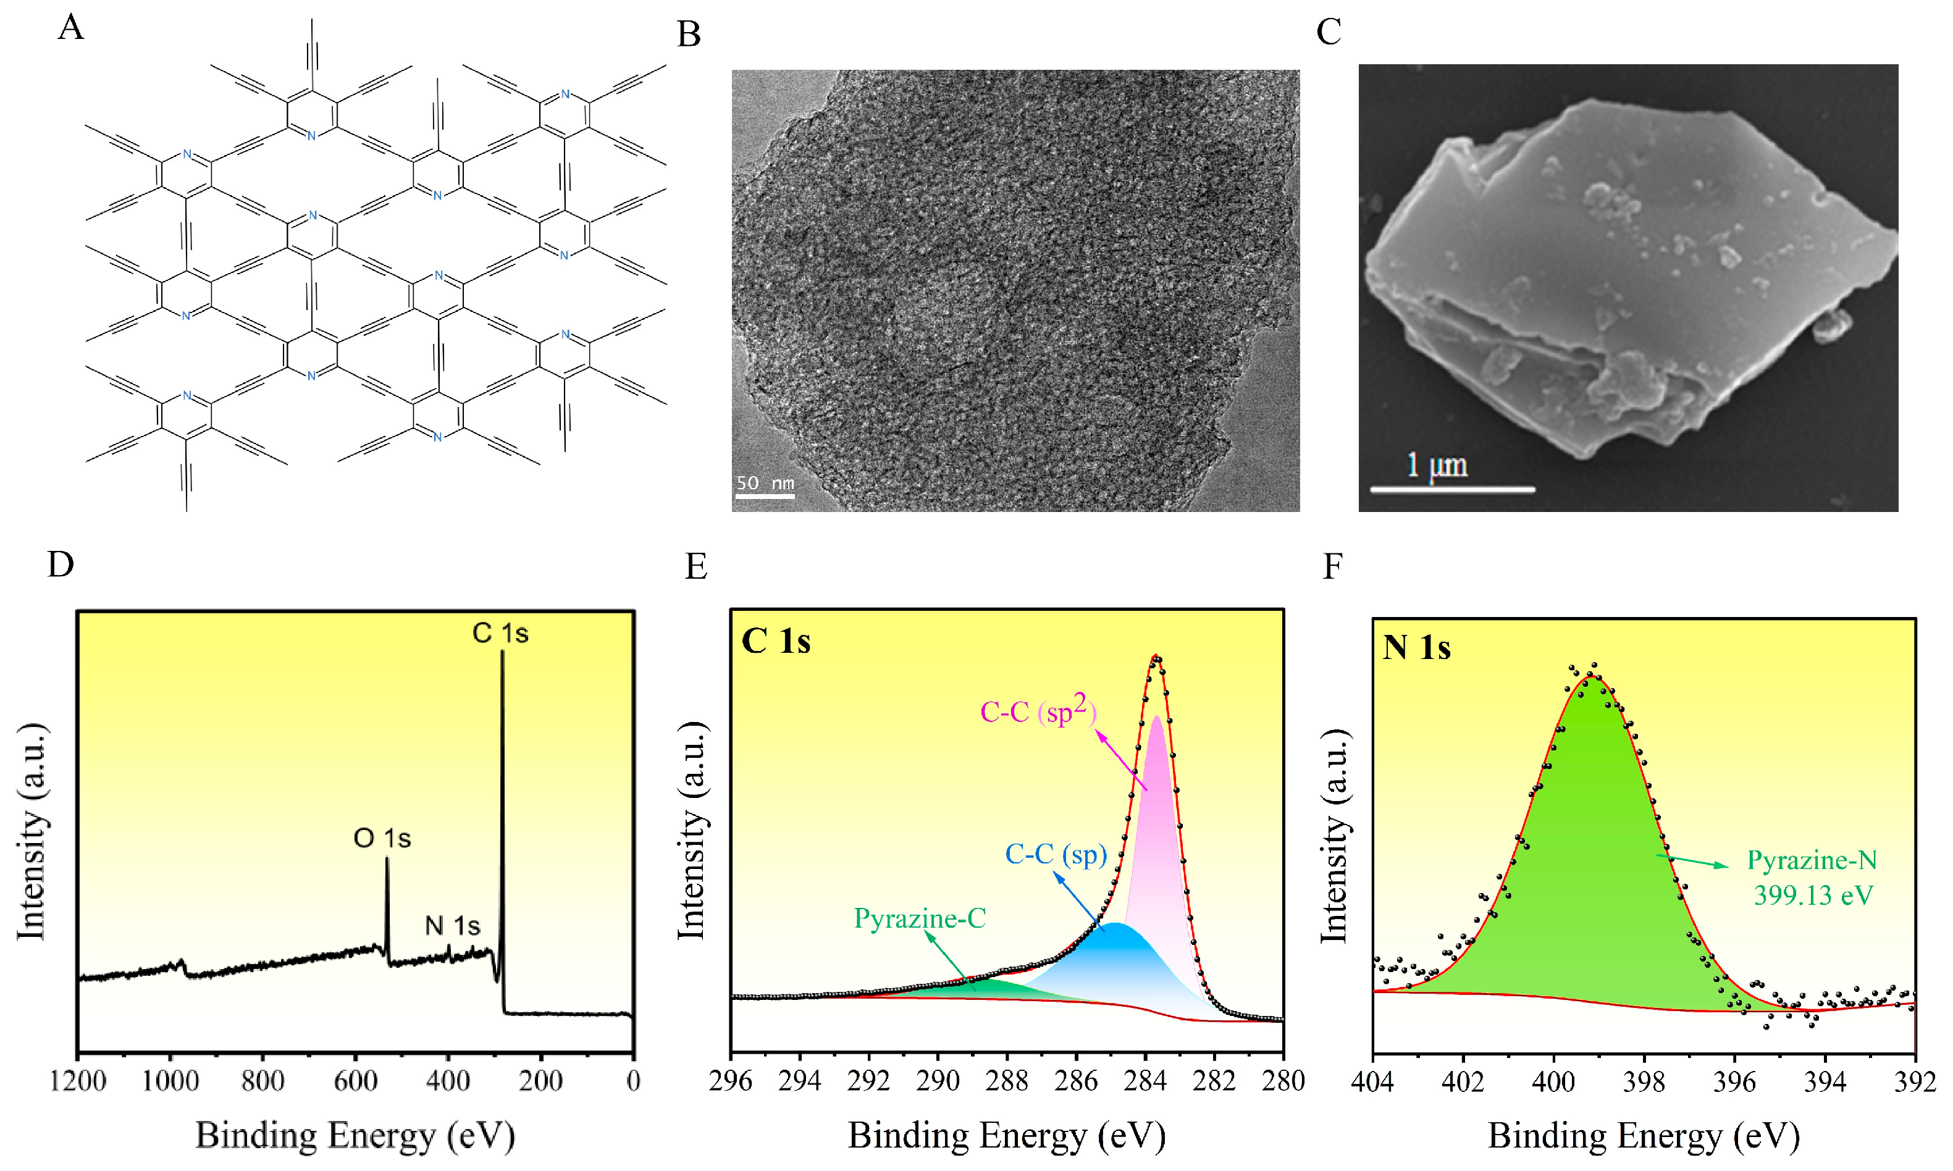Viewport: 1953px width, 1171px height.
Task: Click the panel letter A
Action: pyautogui.click(x=71, y=28)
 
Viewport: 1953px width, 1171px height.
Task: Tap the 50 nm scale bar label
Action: pyautogui.click(x=765, y=482)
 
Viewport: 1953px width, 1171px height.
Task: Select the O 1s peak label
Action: pyautogui.click(x=382, y=838)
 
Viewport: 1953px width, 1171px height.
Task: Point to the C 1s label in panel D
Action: pyautogui.click(x=500, y=633)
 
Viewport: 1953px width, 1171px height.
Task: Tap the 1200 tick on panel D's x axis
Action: pyautogui.click(x=77, y=1080)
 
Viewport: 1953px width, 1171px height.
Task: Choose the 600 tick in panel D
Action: pyautogui.click(x=355, y=1080)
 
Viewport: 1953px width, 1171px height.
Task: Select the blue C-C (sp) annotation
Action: pyautogui.click(x=1056, y=854)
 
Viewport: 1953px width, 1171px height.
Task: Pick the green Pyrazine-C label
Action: pyautogui.click(x=919, y=918)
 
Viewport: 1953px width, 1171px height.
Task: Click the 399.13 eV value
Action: pyautogui.click(x=1813, y=896)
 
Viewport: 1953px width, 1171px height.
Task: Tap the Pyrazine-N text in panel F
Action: pyautogui.click(x=1812, y=860)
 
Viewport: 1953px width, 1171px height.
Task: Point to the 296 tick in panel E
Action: pyautogui.click(x=731, y=1080)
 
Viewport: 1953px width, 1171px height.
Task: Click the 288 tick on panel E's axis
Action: pyautogui.click(x=1007, y=1080)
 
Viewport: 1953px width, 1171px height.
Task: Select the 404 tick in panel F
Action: pyautogui.click(x=1373, y=1081)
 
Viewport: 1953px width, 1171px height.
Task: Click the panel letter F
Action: pyautogui.click(x=1332, y=566)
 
